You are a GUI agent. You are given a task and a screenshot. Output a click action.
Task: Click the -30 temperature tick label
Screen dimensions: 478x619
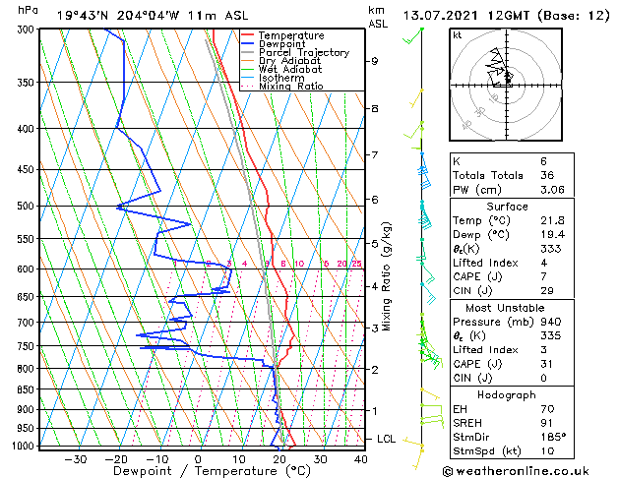point(75,458)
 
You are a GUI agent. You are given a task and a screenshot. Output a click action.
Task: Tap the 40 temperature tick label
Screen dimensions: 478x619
point(360,458)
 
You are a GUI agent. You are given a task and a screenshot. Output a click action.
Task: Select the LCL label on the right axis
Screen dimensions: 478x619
point(386,439)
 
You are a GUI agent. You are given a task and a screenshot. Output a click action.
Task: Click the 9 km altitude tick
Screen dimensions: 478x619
point(375,61)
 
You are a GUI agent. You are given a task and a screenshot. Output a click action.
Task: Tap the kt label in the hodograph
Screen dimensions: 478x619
point(458,35)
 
